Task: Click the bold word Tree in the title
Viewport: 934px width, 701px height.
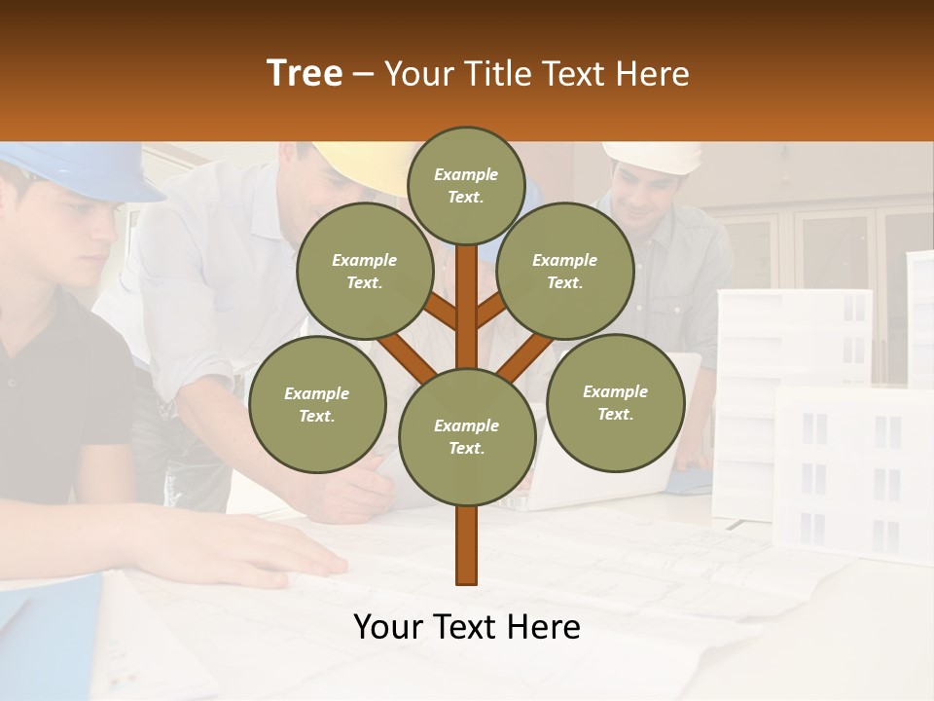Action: point(305,73)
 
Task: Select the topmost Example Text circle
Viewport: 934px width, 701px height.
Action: point(466,185)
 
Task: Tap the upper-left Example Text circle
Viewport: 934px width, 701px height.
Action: point(365,272)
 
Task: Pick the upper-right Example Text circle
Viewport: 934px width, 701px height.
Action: point(565,272)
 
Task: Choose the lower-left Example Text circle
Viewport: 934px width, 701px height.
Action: point(317,405)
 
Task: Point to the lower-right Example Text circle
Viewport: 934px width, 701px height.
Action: point(616,403)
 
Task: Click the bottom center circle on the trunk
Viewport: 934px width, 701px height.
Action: point(466,437)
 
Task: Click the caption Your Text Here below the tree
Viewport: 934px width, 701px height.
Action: point(466,627)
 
